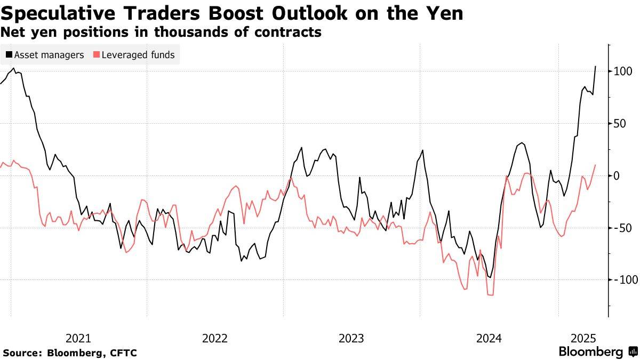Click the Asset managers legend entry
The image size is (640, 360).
pos(49,54)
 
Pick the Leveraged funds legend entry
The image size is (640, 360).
pos(138,54)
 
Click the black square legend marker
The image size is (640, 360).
pos(9,54)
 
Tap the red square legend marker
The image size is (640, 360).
pos(97,54)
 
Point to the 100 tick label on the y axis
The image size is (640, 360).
pos(623,71)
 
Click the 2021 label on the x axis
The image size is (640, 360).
pos(78,338)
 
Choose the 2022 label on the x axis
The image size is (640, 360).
pos(215,338)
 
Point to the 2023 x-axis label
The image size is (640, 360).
pos(351,338)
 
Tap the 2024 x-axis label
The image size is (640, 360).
pos(489,338)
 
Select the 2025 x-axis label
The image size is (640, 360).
pos(583,338)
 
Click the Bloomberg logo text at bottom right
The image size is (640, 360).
pos(590,352)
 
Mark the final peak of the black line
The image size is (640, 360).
pos(595,67)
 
